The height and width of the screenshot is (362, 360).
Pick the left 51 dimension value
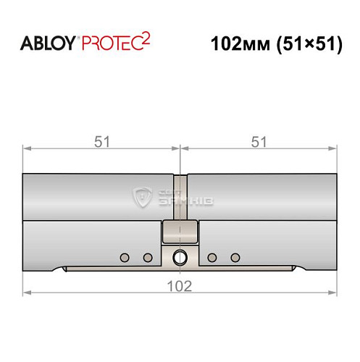(x=102, y=142)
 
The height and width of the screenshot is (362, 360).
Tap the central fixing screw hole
(x=180, y=256)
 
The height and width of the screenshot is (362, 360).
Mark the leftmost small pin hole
(x=125, y=257)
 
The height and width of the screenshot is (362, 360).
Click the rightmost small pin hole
(x=235, y=257)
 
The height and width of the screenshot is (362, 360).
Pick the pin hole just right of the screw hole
(x=212, y=257)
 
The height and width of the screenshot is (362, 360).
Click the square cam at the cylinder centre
(x=180, y=232)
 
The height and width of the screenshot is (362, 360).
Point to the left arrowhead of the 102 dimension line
(x=27, y=292)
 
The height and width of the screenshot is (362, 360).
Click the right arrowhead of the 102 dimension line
(x=334, y=292)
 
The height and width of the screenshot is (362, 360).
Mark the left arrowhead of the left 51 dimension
(x=27, y=150)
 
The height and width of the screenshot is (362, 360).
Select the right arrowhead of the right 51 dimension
(x=334, y=150)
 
